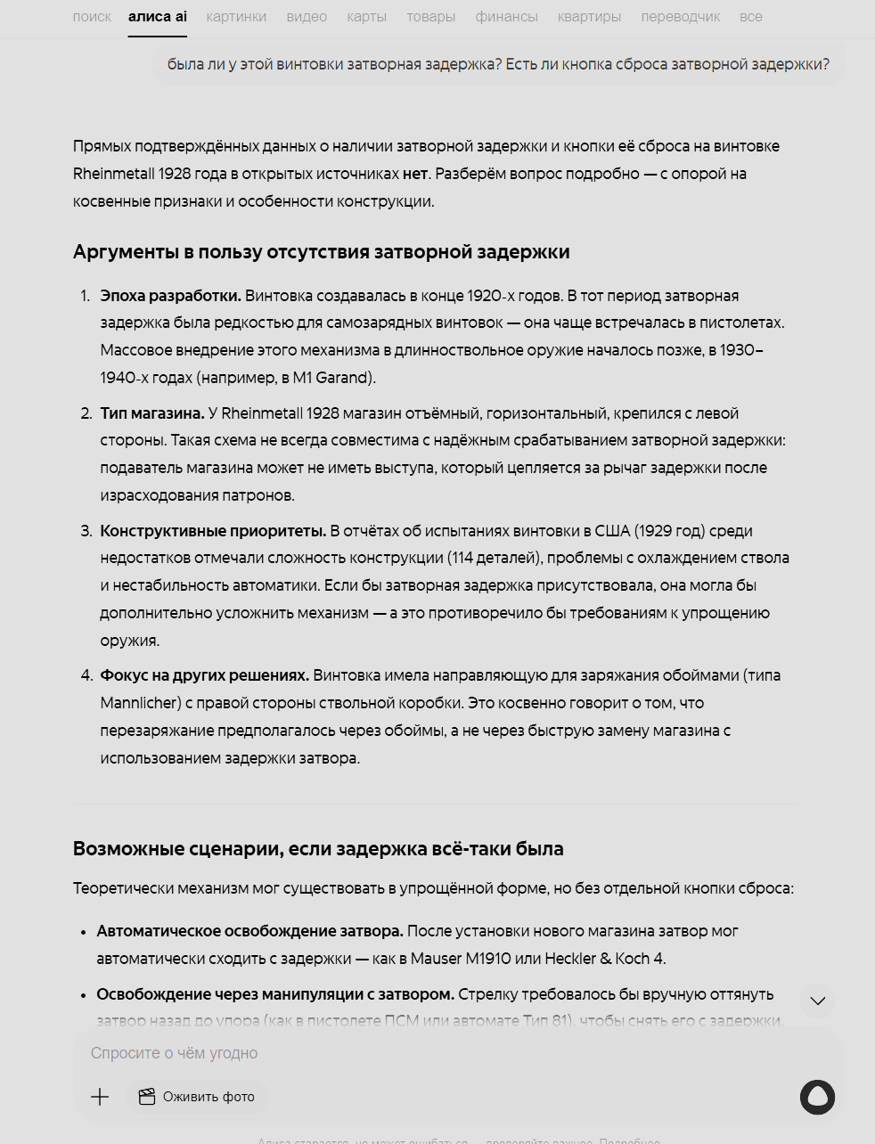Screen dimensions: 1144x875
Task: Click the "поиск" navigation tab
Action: coord(92,17)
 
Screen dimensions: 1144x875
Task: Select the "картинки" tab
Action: coord(236,17)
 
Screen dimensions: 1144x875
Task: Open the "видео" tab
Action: coord(307,17)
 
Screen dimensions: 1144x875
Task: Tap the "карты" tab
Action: coord(367,17)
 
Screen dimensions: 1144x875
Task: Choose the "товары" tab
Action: coord(430,17)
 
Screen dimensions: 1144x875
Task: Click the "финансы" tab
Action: coord(506,17)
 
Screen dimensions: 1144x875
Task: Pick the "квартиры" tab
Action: coord(589,17)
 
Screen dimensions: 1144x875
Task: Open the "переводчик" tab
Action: coord(680,17)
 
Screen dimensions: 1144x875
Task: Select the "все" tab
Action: coord(750,17)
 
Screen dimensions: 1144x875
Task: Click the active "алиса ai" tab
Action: coord(158,17)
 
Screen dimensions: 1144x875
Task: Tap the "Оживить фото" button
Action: coord(197,1097)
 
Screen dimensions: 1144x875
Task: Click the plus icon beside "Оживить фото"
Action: coord(100,1097)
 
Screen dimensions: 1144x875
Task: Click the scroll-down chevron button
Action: coord(817,1001)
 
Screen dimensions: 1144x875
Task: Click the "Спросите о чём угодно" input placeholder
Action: coord(175,1053)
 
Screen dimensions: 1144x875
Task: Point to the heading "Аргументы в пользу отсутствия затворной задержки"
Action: coord(321,252)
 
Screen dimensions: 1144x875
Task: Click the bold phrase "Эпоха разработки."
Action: coord(170,296)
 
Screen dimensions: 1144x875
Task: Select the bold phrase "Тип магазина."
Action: coord(152,413)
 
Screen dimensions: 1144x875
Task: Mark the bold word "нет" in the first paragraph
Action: coord(414,174)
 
